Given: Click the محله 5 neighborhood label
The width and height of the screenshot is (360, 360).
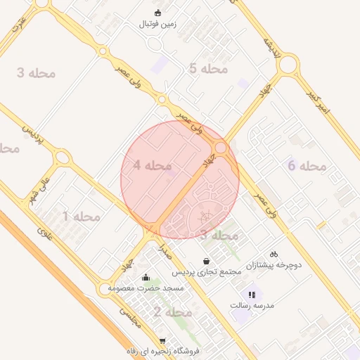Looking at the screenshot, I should coord(209,68).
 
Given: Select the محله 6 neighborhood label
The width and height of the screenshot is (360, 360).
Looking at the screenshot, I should coord(307,166).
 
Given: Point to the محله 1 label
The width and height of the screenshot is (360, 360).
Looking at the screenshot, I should coord(82,217).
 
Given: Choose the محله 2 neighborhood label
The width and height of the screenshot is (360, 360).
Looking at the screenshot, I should coord(173,311).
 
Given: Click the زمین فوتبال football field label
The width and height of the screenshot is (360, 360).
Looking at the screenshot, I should coord(160,23).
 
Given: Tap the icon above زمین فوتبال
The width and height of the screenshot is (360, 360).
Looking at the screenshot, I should coord(157,12).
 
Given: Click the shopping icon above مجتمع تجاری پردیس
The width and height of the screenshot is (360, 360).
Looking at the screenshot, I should coord(205,261).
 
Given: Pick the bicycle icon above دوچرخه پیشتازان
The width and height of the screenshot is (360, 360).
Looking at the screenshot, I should coord(274,254).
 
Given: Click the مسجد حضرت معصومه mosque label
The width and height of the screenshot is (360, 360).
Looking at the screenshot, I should coord(146,288).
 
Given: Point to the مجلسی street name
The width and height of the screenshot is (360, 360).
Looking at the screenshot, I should coord(129,317).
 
